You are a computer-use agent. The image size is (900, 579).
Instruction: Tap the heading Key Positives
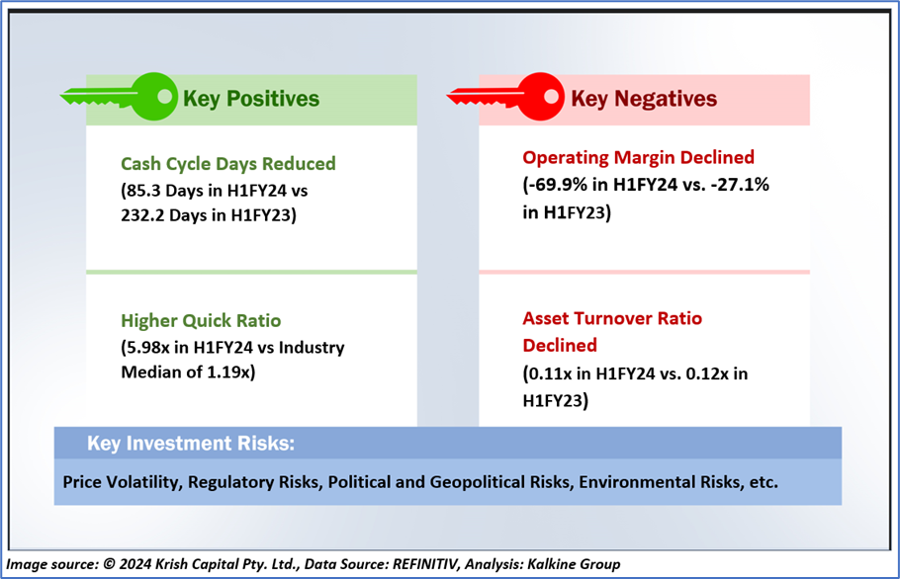[x=251, y=99]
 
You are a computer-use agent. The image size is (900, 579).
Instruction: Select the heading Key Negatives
[x=644, y=99]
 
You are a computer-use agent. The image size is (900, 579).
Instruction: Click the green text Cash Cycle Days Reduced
[x=227, y=164]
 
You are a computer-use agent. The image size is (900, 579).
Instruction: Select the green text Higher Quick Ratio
[x=201, y=320]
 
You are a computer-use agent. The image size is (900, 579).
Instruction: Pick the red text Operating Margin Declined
[x=638, y=158]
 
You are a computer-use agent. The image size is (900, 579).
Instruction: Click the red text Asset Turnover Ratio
[x=612, y=318]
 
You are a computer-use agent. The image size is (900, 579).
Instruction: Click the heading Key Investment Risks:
[x=191, y=443]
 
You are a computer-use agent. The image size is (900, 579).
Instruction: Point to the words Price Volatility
[x=123, y=482]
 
